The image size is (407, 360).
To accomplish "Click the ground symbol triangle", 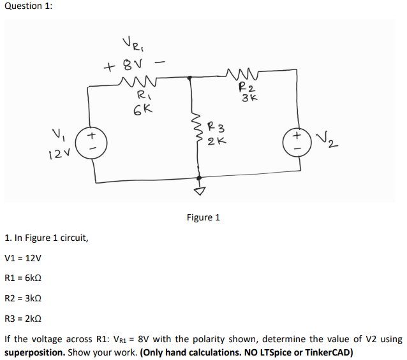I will pos(199,191).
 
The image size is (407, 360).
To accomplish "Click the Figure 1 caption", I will pos(203,217).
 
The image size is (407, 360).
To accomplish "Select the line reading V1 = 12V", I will pos(23,258).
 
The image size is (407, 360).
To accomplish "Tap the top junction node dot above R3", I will pos(191,78).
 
